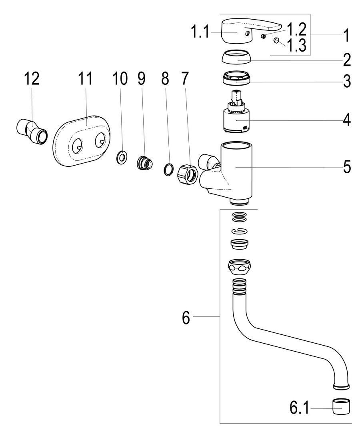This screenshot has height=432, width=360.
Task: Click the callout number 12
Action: click(x=32, y=79)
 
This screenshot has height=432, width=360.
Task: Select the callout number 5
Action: click(x=346, y=166)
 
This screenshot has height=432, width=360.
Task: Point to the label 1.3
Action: click(x=296, y=46)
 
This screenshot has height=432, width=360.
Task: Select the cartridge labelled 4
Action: click(x=236, y=118)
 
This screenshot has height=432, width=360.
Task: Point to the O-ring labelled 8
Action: click(x=168, y=169)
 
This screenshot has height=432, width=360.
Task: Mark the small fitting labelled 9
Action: click(x=145, y=163)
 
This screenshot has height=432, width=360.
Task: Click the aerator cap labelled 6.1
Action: click(x=341, y=407)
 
